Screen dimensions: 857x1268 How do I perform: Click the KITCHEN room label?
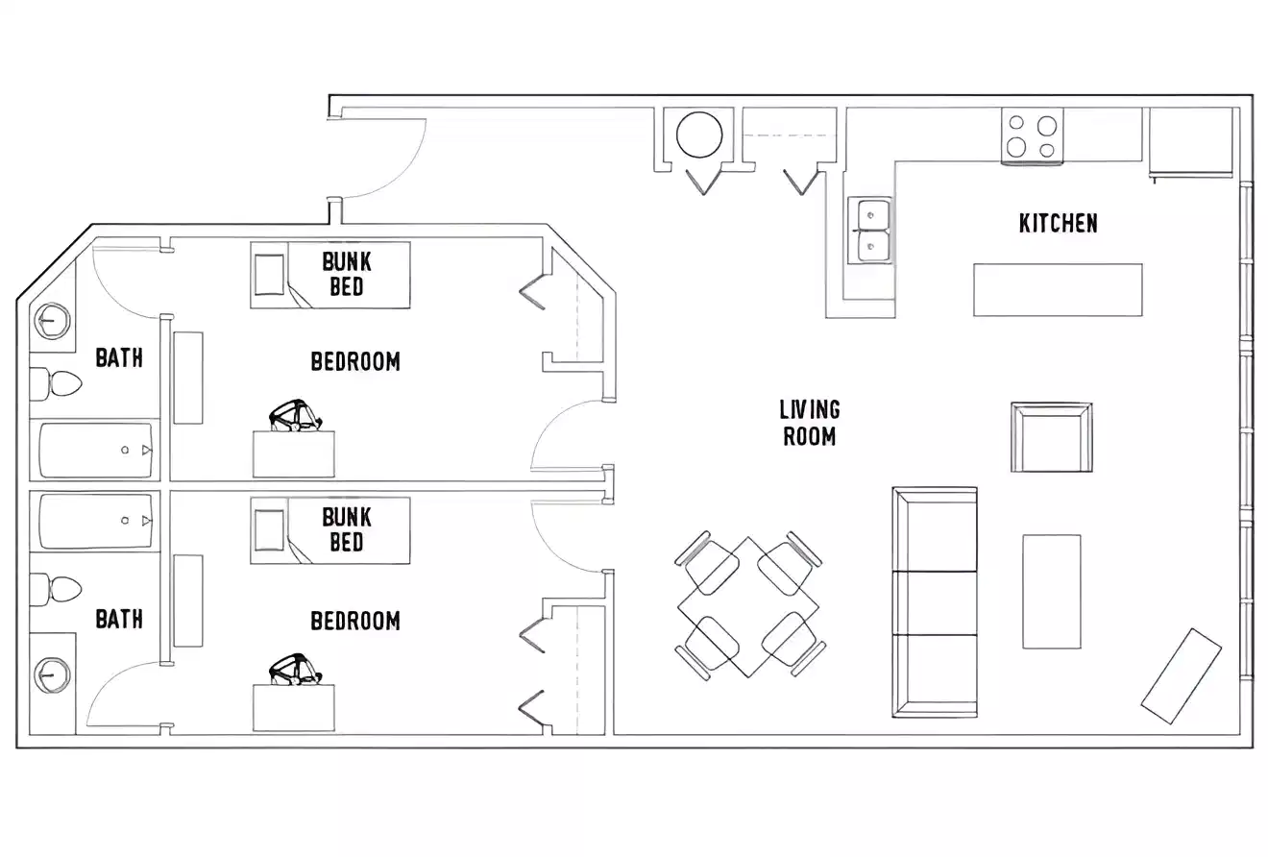coord(1058,223)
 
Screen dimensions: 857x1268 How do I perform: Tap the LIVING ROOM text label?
coord(809,423)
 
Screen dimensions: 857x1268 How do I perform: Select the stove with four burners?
coord(1032,135)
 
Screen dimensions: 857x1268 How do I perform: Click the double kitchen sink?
coord(870,230)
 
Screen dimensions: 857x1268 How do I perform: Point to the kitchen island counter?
coord(1057,289)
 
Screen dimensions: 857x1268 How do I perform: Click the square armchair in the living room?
coord(1051,437)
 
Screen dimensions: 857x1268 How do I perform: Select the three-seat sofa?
coord(934,602)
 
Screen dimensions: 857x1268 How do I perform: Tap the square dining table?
coord(748,606)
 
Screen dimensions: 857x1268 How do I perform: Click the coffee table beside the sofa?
coord(1051,591)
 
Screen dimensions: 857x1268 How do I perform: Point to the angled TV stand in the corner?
coord(1181,675)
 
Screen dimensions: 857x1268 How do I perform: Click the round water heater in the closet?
coord(698,135)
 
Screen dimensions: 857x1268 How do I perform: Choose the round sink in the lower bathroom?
coord(52,675)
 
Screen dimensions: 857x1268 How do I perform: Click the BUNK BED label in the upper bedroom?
coord(346,274)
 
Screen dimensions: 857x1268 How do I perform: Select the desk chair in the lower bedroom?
coord(295,670)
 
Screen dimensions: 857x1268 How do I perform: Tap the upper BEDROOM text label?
coord(354,361)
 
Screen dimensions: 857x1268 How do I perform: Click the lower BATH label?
coord(119,619)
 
